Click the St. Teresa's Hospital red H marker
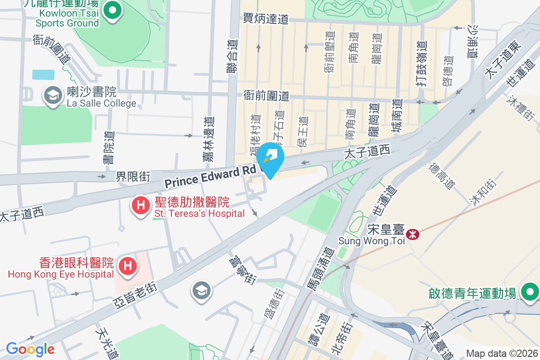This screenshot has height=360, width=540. coord(140,206)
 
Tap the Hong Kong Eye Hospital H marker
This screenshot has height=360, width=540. coord(127,264)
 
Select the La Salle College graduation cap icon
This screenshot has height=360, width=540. coord(53,95)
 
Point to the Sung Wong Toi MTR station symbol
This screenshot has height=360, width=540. coord(412,234)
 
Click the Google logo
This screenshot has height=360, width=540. coord(30,349)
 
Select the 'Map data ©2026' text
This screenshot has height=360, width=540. coord(502,353)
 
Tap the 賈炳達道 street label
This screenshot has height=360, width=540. coord(265,19)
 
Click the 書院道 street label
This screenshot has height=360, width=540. coord(109,147)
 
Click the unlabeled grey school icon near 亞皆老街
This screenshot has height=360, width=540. coord(201,290)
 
